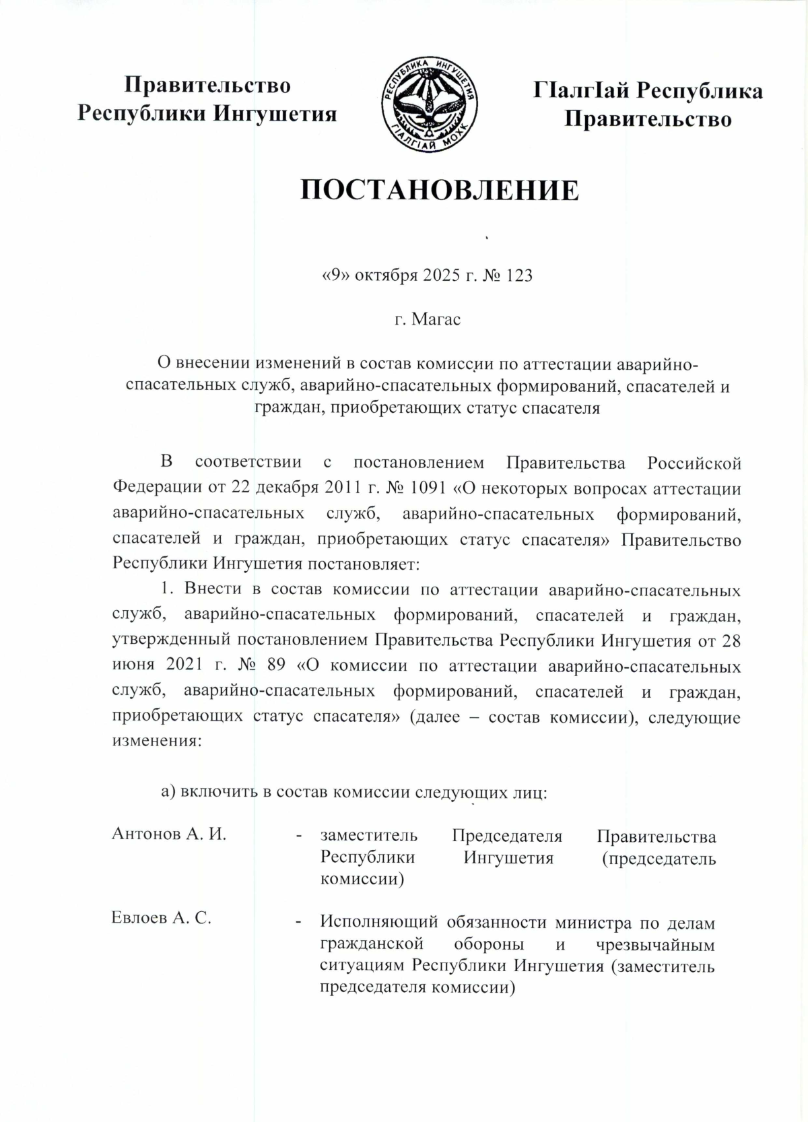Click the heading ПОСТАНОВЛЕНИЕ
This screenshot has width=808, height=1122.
click(x=439, y=191)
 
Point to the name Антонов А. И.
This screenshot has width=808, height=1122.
click(x=168, y=834)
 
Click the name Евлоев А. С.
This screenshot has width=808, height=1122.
click(x=162, y=918)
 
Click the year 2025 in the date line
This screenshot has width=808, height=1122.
click(x=440, y=275)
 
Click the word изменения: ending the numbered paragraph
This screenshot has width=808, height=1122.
click(x=156, y=741)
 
